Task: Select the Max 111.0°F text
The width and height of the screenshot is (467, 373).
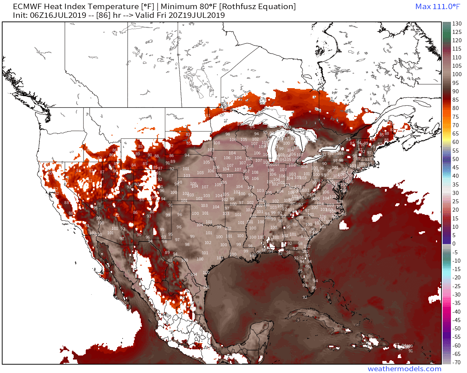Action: (437, 7)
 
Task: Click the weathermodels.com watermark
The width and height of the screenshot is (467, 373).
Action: (404, 369)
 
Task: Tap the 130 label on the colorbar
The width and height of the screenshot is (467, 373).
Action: (457, 24)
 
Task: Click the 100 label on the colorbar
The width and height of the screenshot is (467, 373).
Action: (457, 74)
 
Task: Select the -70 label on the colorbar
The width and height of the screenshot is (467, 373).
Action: (457, 362)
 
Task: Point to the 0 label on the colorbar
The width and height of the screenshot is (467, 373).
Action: (454, 244)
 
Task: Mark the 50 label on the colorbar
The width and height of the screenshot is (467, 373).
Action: (456, 159)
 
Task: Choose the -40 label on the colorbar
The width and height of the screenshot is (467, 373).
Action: (457, 312)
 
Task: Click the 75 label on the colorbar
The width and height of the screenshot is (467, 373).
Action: (456, 117)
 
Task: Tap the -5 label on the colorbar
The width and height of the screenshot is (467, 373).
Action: (456, 252)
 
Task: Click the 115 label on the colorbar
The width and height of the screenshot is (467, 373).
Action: (457, 49)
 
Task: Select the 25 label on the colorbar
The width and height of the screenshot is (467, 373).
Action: (456, 201)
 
